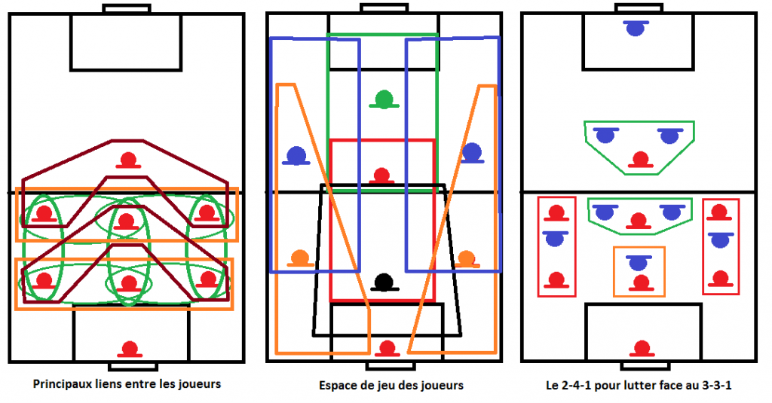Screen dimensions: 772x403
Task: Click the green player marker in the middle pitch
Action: pyautogui.click(x=384, y=100)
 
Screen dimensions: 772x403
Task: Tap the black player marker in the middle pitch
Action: pyautogui.click(x=384, y=283)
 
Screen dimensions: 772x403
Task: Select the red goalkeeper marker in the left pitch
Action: pyautogui.click(x=130, y=350)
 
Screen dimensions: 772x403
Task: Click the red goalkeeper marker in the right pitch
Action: pyautogui.click(x=642, y=349)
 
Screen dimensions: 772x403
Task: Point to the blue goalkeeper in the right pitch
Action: pyautogui.click(x=636, y=28)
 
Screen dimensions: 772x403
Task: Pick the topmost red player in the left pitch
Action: pyautogui.click(x=128, y=161)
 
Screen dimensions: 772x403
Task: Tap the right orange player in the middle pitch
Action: pyautogui.click(x=466, y=259)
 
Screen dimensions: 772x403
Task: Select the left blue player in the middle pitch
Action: pyautogui.click(x=296, y=155)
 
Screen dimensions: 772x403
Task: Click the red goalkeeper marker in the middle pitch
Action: pyautogui.click(x=387, y=348)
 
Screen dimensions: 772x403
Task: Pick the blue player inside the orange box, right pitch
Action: pyautogui.click(x=638, y=263)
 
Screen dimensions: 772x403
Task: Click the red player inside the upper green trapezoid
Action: pyautogui.click(x=641, y=160)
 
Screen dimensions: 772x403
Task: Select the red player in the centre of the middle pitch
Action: pyautogui.click(x=381, y=176)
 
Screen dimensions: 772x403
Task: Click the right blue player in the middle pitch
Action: pyautogui.click(x=472, y=153)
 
